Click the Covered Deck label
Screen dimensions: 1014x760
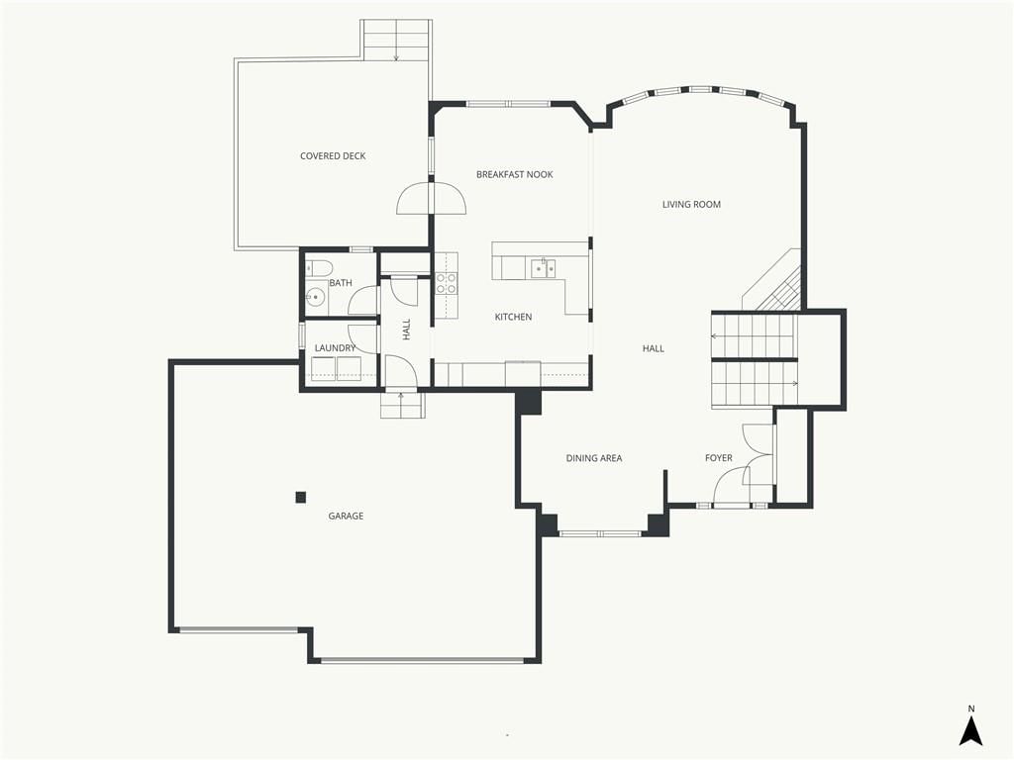333,155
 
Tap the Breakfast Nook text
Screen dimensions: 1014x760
514,174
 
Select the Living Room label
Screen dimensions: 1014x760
691,204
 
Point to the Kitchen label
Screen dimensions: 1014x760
513,317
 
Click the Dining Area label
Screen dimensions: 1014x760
594,458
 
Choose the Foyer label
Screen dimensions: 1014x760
719,458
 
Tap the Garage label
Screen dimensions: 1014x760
346,516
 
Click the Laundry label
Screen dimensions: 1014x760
335,347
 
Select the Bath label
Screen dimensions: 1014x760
341,282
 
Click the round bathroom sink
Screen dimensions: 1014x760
316,297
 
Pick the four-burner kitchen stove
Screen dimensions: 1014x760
446,283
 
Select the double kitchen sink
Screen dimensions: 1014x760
544,268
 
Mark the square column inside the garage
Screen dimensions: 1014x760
301,497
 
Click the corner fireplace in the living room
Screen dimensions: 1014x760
776,281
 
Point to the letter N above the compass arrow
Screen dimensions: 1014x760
970,709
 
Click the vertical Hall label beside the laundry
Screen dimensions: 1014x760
406,330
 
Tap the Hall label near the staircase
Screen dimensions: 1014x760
654,348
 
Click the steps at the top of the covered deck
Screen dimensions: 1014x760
396,41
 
